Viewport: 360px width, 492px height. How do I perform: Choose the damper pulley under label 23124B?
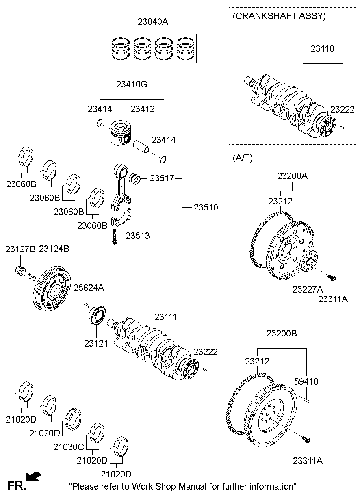[x=51, y=287]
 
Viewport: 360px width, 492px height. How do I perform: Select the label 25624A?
[x=89, y=288]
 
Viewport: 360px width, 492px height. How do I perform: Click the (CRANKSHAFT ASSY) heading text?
[x=279, y=16]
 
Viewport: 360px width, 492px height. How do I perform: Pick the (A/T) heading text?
[x=242, y=158]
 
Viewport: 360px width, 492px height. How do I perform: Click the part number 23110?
[x=323, y=49]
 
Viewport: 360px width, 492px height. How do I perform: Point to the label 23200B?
[x=282, y=334]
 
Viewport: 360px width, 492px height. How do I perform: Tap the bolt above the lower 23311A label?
[x=306, y=440]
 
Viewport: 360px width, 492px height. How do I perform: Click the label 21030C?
[x=68, y=447]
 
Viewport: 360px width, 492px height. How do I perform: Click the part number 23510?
[x=206, y=208]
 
